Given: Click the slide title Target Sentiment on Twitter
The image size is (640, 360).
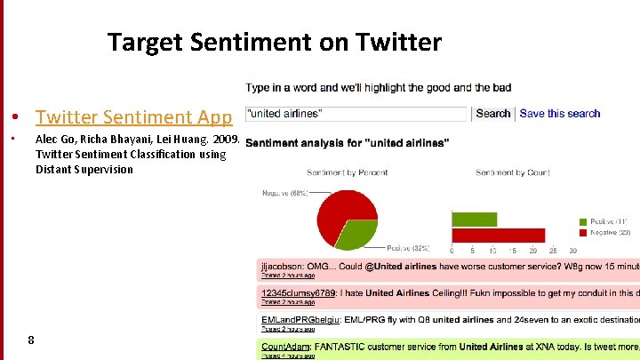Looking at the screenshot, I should click(x=274, y=42).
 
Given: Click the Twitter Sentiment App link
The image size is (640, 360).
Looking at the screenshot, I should click(x=133, y=117).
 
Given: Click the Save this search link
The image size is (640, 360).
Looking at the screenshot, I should click(x=559, y=114).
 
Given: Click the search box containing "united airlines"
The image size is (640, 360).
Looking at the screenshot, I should click(x=356, y=114).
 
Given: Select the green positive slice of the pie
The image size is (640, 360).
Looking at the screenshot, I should click(x=356, y=235).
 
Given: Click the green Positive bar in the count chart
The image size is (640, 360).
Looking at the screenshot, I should click(x=474, y=219).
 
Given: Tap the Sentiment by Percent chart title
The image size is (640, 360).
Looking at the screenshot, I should click(x=346, y=172).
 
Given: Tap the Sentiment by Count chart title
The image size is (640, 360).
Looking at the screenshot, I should click(x=513, y=172).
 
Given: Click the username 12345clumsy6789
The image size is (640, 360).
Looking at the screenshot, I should click(x=298, y=292).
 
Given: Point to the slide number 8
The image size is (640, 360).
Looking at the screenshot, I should click(x=31, y=340).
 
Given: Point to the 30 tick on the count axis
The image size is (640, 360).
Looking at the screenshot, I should click(x=573, y=252).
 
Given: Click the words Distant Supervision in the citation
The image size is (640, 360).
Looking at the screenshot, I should click(x=84, y=170).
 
